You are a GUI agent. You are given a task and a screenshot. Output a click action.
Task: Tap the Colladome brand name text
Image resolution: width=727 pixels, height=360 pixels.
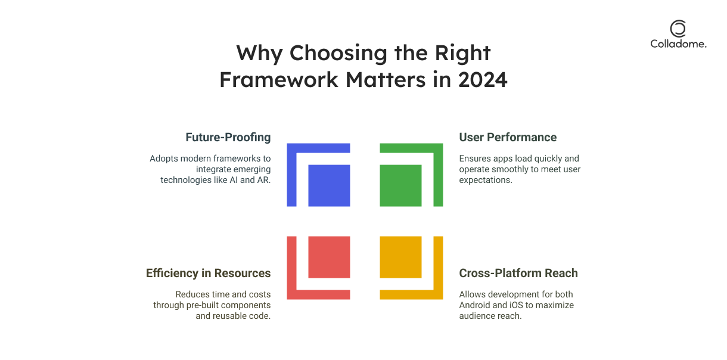pyautogui.click(x=678, y=44)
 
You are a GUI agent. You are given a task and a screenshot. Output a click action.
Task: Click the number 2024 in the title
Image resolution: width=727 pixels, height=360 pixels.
pyautogui.click(x=483, y=80)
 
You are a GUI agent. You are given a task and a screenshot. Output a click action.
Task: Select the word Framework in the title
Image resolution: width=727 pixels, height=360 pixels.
pyautogui.click(x=279, y=80)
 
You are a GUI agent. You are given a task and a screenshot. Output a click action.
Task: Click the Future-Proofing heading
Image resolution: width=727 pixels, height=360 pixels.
pyautogui.click(x=228, y=137)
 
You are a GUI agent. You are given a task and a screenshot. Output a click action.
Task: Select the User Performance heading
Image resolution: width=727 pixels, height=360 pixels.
pyautogui.click(x=508, y=137)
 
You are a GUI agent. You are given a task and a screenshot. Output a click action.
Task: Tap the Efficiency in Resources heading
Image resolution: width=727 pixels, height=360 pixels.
pyautogui.click(x=209, y=274)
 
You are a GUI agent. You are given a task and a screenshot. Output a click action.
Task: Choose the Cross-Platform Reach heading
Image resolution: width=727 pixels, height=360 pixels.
pyautogui.click(x=518, y=274)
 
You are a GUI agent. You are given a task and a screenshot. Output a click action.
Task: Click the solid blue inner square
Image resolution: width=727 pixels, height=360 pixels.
pyautogui.click(x=329, y=186)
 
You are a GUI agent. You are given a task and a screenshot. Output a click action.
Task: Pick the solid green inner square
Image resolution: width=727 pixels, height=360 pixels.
pyautogui.click(x=401, y=186)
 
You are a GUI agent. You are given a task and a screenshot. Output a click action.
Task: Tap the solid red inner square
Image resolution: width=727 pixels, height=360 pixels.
pyautogui.click(x=329, y=257)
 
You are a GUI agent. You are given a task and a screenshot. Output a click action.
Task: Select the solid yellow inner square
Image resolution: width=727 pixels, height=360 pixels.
pyautogui.click(x=401, y=257)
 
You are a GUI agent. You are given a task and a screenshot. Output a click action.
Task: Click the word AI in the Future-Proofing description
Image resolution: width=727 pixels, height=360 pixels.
pyautogui.click(x=234, y=180)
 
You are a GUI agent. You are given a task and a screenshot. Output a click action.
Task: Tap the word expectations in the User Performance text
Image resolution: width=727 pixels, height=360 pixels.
pyautogui.click(x=486, y=181)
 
